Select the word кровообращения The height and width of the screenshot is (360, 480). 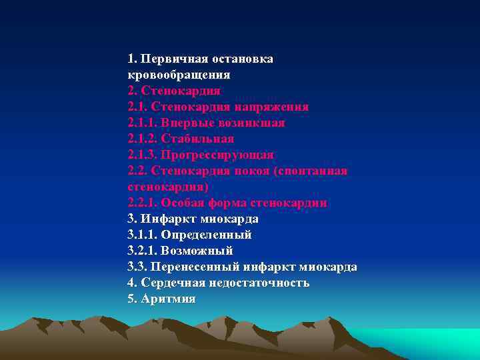point(179,75)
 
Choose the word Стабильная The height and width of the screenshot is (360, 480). point(197,139)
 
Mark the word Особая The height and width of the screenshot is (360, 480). point(184,203)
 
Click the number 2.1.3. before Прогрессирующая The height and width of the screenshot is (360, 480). point(143,155)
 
